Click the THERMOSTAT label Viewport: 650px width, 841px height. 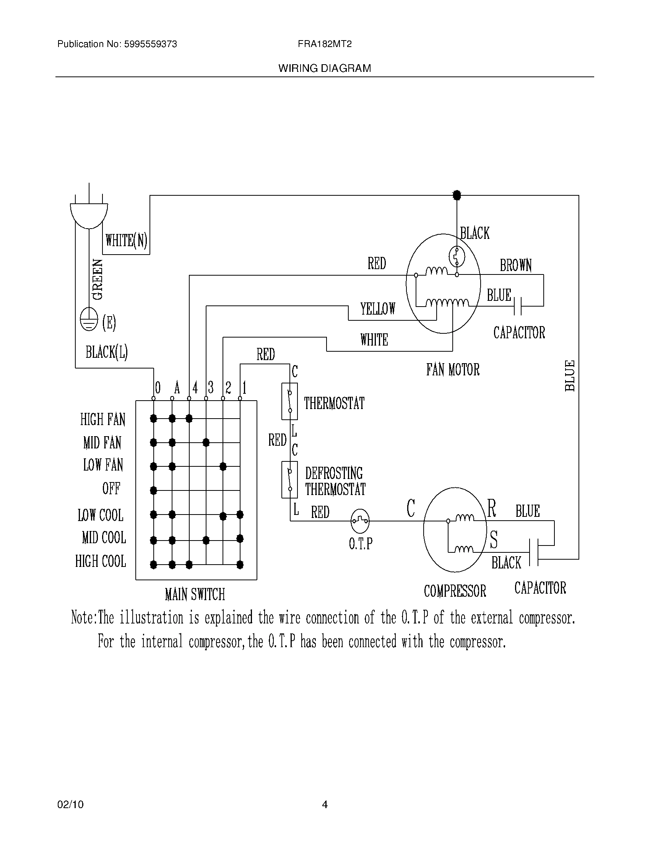point(334,403)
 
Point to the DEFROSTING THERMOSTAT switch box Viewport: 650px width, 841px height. point(289,479)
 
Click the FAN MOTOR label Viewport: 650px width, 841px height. point(452,370)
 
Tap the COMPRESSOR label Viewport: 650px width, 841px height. point(455,591)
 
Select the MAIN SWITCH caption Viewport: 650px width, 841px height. point(195,594)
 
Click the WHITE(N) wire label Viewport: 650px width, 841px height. point(126,240)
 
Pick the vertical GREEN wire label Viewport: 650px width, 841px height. point(98,279)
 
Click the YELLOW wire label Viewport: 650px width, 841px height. point(378,308)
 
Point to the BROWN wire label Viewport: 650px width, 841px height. point(516,265)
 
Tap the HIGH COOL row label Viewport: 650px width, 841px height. point(101,562)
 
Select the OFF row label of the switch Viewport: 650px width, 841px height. point(111,489)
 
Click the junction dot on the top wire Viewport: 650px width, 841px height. point(457,195)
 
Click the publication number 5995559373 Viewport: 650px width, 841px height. point(150,44)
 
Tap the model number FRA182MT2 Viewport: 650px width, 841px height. point(325,44)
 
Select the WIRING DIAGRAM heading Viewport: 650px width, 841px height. point(325,68)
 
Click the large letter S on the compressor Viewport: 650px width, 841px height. point(494,539)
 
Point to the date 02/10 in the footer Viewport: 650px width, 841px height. point(70,804)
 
